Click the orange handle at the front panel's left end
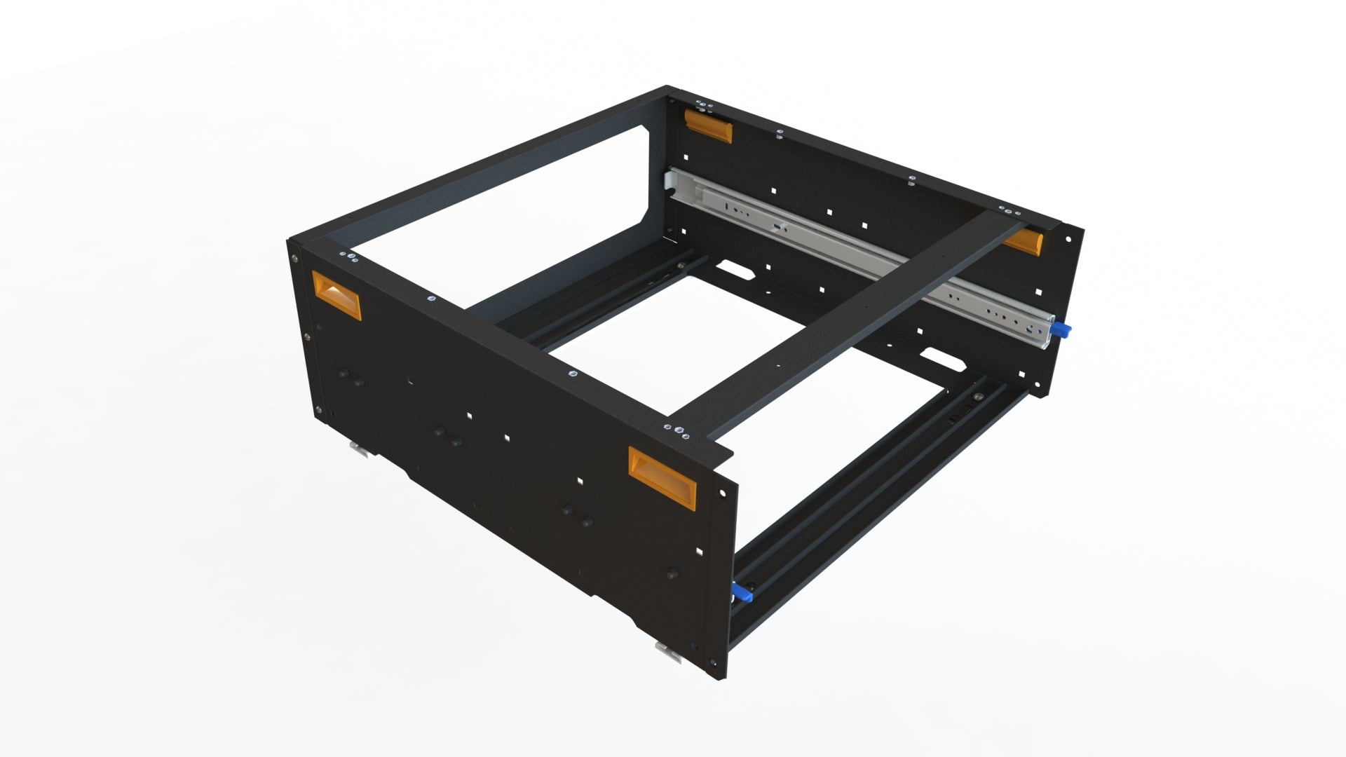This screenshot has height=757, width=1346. click(x=335, y=294)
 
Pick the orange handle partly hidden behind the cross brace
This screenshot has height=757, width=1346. click(x=1024, y=242)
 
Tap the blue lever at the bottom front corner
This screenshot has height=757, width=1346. click(x=742, y=595)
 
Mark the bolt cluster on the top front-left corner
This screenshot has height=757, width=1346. click(x=347, y=257)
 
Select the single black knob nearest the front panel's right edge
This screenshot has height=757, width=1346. click(x=672, y=573)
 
